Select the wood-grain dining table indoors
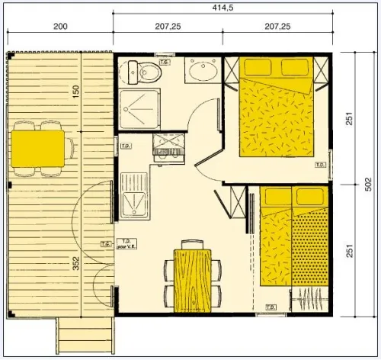tap(190, 278)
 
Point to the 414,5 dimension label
tap(223, 8)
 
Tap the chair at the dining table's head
tap(191, 244)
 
